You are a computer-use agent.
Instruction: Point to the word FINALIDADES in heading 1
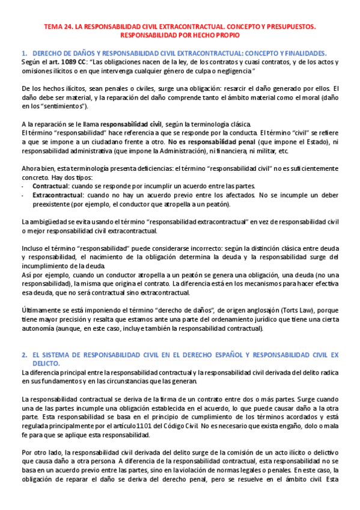(x=304, y=53)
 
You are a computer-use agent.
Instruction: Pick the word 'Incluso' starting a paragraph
(x=34, y=248)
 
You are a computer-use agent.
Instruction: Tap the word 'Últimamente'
(x=43, y=309)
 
